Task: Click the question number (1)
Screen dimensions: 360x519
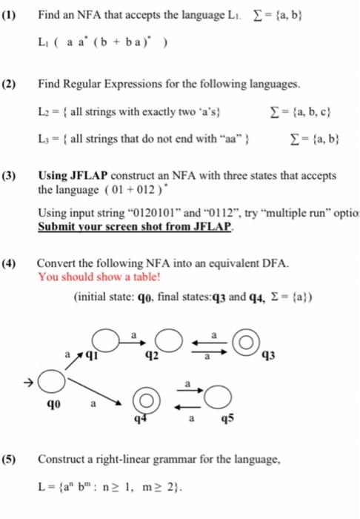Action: [x=13, y=12]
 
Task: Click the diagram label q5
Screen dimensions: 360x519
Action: [x=227, y=420]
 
